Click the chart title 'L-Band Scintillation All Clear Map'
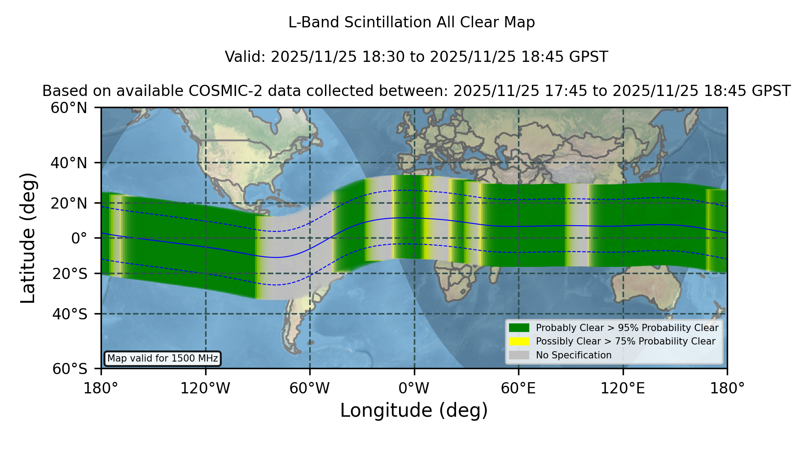click(x=412, y=22)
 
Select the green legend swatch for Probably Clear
click(x=519, y=328)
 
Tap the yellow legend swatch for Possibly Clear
click(x=519, y=341)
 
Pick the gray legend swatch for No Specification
click(x=519, y=355)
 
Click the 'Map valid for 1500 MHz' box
click(x=162, y=358)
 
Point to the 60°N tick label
click(x=69, y=108)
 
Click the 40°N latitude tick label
click(x=69, y=163)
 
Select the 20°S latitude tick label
click(x=70, y=274)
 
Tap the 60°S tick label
click(x=70, y=369)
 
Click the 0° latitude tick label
click(x=79, y=238)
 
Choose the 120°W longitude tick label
click(x=206, y=388)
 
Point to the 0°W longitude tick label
click(x=414, y=388)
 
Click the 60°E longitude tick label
click(x=518, y=388)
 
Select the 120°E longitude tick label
click(x=623, y=388)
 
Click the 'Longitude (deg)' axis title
click(x=414, y=411)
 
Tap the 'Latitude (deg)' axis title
click(x=28, y=238)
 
